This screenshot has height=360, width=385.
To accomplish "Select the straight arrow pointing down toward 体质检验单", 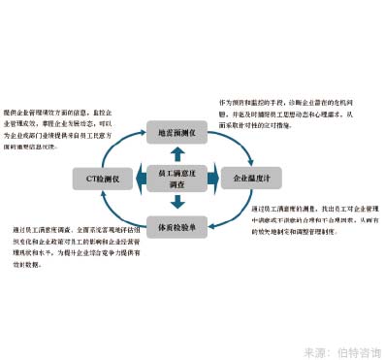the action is tap(176, 202).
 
